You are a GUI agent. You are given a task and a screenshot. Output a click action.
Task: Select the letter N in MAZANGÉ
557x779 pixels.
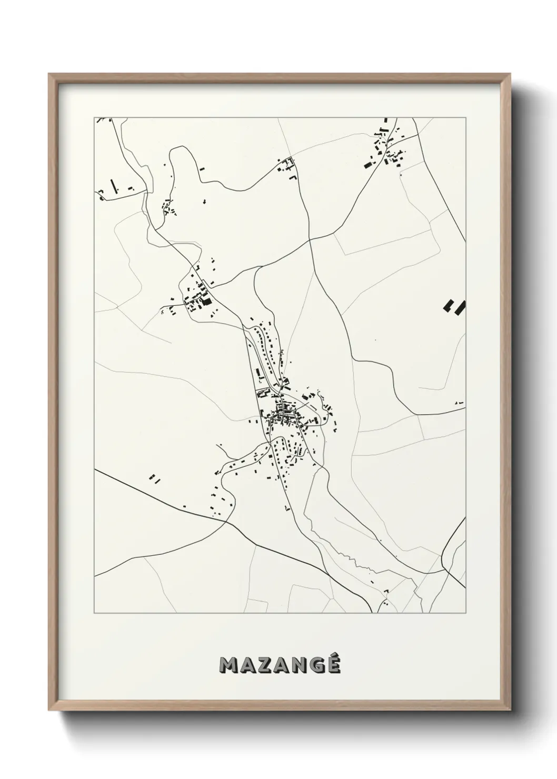coord(300,666)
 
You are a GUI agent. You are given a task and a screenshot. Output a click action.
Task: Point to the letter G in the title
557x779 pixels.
coord(318,666)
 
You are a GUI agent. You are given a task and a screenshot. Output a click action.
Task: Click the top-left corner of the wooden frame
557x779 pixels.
coord(49,74)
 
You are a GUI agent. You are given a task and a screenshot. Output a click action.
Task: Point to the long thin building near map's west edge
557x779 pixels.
coord(113,186)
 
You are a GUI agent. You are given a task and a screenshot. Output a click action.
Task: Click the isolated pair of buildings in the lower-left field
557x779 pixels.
coord(154,478)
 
